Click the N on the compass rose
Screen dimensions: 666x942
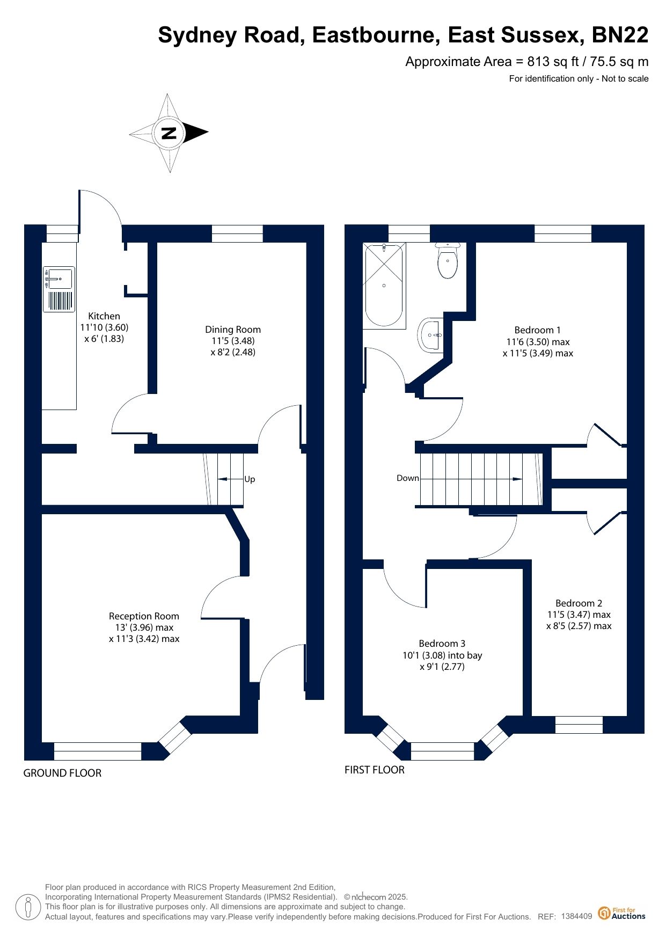pos(169,133)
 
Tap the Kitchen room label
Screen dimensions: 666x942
pos(104,316)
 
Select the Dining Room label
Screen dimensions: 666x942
pos(233,330)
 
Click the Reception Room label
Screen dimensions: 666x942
pos(144,616)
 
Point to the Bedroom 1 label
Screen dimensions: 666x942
pos(538,330)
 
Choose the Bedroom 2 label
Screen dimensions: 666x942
pos(579,603)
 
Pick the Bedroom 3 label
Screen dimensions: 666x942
pos(442,644)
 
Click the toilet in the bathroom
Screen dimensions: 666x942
pos(448,260)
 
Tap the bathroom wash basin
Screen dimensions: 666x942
pos(431,335)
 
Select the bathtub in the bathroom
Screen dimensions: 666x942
pos(384,285)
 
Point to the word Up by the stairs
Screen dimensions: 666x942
pos(250,479)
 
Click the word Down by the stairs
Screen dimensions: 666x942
pos(408,478)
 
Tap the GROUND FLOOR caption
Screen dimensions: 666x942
pos(62,773)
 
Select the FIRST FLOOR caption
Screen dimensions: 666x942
pos(375,770)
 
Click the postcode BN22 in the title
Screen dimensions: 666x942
pos(620,35)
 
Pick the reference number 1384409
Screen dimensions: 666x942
pos(576,916)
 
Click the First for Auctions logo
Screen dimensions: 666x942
pos(622,914)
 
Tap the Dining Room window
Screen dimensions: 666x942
pos(237,233)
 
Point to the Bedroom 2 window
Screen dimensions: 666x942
pos(579,725)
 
